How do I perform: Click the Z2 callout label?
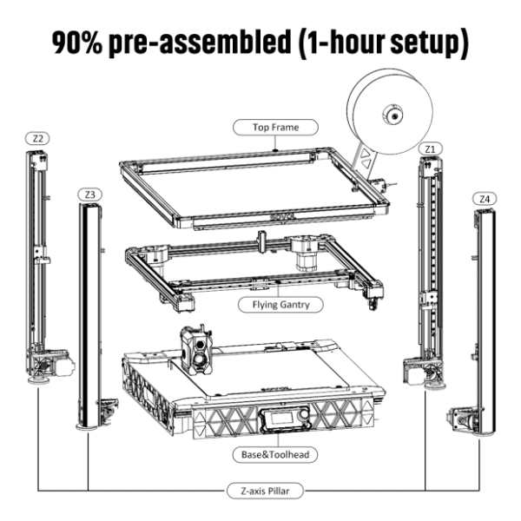37,139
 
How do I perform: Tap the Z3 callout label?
89,195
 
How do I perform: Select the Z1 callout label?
431,149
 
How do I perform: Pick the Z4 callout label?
485,199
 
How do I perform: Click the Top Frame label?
275,128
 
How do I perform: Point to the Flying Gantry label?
280,305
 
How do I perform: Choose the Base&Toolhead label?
275,454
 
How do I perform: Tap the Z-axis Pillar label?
265,491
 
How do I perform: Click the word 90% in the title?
77,43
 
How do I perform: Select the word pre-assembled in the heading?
200,43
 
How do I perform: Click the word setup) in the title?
429,43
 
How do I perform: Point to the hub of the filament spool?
394,115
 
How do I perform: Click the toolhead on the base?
196,350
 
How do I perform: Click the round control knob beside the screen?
303,415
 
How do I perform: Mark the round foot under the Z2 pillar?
39,380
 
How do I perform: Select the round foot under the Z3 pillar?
87,426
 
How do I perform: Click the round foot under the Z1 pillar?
436,385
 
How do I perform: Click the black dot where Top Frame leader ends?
275,150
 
